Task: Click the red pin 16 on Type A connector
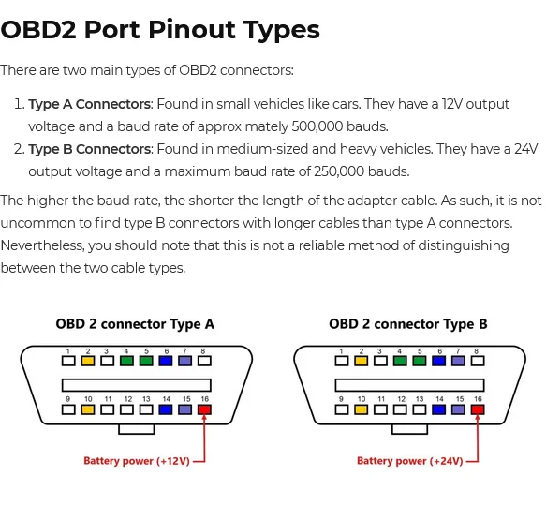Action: point(204,409)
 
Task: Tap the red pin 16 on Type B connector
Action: point(478,409)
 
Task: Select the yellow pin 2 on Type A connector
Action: point(88,361)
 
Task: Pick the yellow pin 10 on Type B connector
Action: point(362,409)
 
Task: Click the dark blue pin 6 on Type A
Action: point(166,361)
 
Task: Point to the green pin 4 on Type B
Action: point(400,361)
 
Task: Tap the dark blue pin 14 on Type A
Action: point(166,409)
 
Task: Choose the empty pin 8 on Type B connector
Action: point(478,361)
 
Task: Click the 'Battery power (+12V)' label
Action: point(137,461)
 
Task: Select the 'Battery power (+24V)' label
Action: point(410,461)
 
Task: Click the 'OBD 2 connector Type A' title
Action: point(135,324)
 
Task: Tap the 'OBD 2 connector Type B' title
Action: point(408,324)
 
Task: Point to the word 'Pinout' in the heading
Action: point(192,30)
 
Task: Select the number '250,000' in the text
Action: point(339,171)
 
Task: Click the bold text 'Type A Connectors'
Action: point(90,104)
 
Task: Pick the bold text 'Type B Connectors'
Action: point(90,149)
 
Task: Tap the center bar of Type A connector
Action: point(137,385)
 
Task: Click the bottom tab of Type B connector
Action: point(410,429)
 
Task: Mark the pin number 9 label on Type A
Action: point(68,399)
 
